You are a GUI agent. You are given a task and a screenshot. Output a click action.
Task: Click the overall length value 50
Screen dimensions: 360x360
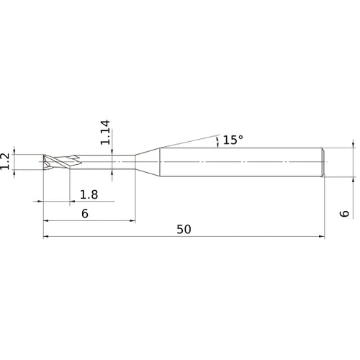pyautogui.click(x=184, y=229)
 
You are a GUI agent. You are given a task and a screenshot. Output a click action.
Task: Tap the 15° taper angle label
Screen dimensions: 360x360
pyautogui.click(x=233, y=140)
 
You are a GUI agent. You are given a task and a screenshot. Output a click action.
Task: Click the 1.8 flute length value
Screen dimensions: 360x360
pyautogui.click(x=89, y=194)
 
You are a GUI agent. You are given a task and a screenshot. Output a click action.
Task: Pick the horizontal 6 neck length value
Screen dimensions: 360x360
pyautogui.click(x=85, y=214)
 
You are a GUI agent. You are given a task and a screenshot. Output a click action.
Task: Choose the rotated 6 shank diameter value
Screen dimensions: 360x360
pyautogui.click(x=345, y=213)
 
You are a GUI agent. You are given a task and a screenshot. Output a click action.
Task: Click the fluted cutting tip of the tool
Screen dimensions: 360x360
pyautogui.click(x=56, y=162)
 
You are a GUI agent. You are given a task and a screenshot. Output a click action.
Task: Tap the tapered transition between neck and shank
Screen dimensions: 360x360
pyautogui.click(x=147, y=162)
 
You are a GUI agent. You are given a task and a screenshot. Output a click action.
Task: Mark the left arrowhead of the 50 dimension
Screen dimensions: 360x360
pyautogui.click(x=46, y=236)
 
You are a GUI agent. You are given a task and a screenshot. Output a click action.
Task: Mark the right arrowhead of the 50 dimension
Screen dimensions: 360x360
pyautogui.click(x=323, y=236)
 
